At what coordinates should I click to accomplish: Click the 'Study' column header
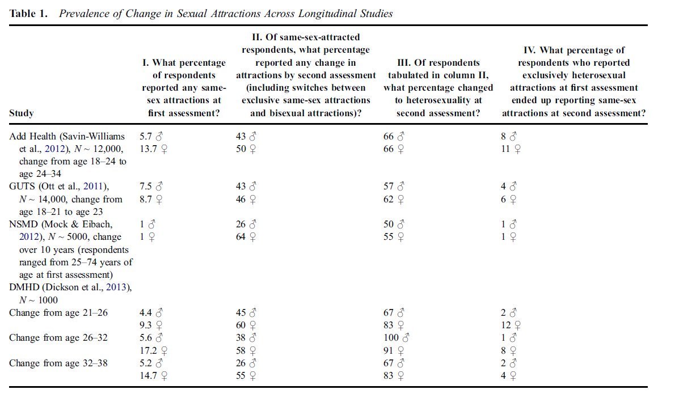(21, 113)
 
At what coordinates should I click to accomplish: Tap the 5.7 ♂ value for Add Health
(151, 137)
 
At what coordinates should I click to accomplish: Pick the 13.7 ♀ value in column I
(153, 149)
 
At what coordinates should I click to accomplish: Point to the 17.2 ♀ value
(153, 350)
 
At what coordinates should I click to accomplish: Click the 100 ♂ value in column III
(396, 338)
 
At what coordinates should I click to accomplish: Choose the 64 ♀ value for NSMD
(246, 237)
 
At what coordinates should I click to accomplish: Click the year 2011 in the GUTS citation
(94, 187)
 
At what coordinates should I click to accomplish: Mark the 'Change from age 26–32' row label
(58, 338)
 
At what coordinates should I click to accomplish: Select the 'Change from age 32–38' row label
(58, 363)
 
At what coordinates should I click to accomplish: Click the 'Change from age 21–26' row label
(58, 313)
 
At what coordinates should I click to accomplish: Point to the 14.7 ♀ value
(153, 375)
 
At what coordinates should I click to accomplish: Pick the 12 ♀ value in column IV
(511, 325)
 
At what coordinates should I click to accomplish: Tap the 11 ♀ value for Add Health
(511, 149)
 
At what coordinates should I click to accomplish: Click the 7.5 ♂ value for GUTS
(151, 187)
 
